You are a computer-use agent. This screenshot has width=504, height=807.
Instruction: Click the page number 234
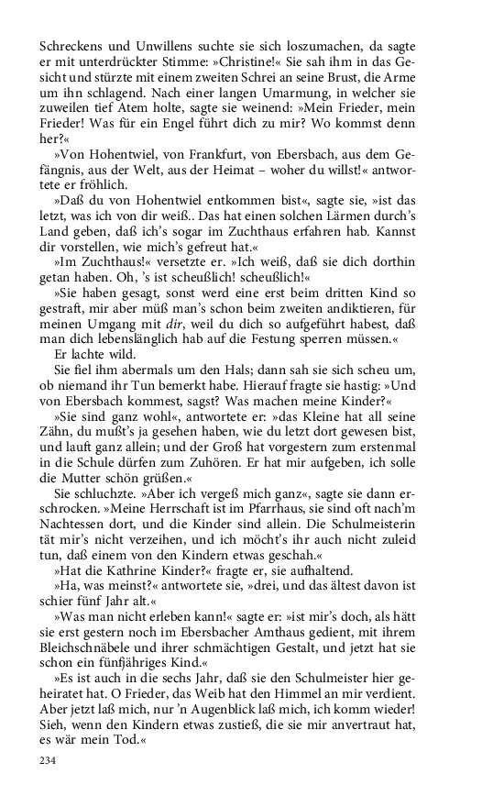49,760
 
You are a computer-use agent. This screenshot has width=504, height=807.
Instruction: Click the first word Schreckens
71,45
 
